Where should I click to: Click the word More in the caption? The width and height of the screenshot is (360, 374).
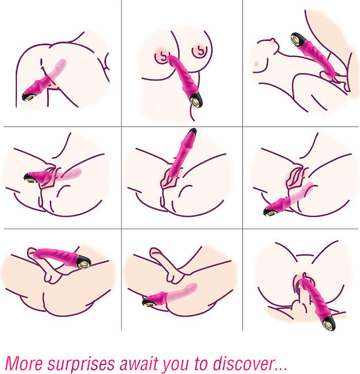coord(24,364)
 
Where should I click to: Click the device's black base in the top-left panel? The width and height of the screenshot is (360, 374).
coord(28,96)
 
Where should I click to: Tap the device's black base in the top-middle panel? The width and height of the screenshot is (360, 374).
coord(196,101)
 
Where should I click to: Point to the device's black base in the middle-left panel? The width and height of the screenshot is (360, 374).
coord(30,178)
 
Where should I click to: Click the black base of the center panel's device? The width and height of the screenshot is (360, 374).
coord(192,132)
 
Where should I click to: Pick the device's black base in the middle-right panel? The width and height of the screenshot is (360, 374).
coord(270,211)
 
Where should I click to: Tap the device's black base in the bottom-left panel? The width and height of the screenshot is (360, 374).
coord(84,262)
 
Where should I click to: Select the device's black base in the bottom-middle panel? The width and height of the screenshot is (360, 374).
coord(149,303)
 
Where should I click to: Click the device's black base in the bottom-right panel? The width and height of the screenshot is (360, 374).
coord(328,323)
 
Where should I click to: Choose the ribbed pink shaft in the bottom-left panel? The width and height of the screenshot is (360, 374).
coord(55,254)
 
